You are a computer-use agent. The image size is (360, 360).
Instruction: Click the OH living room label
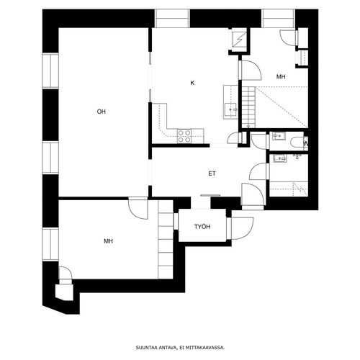tap(101, 112)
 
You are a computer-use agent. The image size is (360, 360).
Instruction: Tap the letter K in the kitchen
tap(192, 83)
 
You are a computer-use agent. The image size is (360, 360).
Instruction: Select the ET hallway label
tap(212, 174)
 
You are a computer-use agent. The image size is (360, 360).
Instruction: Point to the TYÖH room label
tap(202, 227)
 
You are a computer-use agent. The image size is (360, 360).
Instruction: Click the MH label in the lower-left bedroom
tap(108, 241)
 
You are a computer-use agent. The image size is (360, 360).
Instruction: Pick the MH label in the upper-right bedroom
tap(281, 77)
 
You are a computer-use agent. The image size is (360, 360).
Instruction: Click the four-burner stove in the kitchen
tap(184, 136)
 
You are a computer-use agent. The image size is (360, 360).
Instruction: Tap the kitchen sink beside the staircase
tap(231, 109)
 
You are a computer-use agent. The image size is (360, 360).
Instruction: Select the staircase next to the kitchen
tap(248, 107)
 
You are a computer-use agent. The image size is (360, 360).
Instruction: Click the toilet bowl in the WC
tap(297, 142)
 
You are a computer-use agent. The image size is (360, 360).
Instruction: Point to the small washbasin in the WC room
tap(279, 136)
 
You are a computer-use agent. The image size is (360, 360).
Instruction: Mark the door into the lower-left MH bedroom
tap(138, 208)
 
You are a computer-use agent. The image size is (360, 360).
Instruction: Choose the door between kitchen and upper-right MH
tap(250, 70)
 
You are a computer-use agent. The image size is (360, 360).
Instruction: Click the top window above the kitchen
tap(172, 19)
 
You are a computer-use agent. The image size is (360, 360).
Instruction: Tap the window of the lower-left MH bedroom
tap(50, 244)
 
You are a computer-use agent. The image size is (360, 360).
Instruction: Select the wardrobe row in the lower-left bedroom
tap(166, 239)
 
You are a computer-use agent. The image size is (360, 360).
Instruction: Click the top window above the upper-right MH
tap(278, 19)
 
